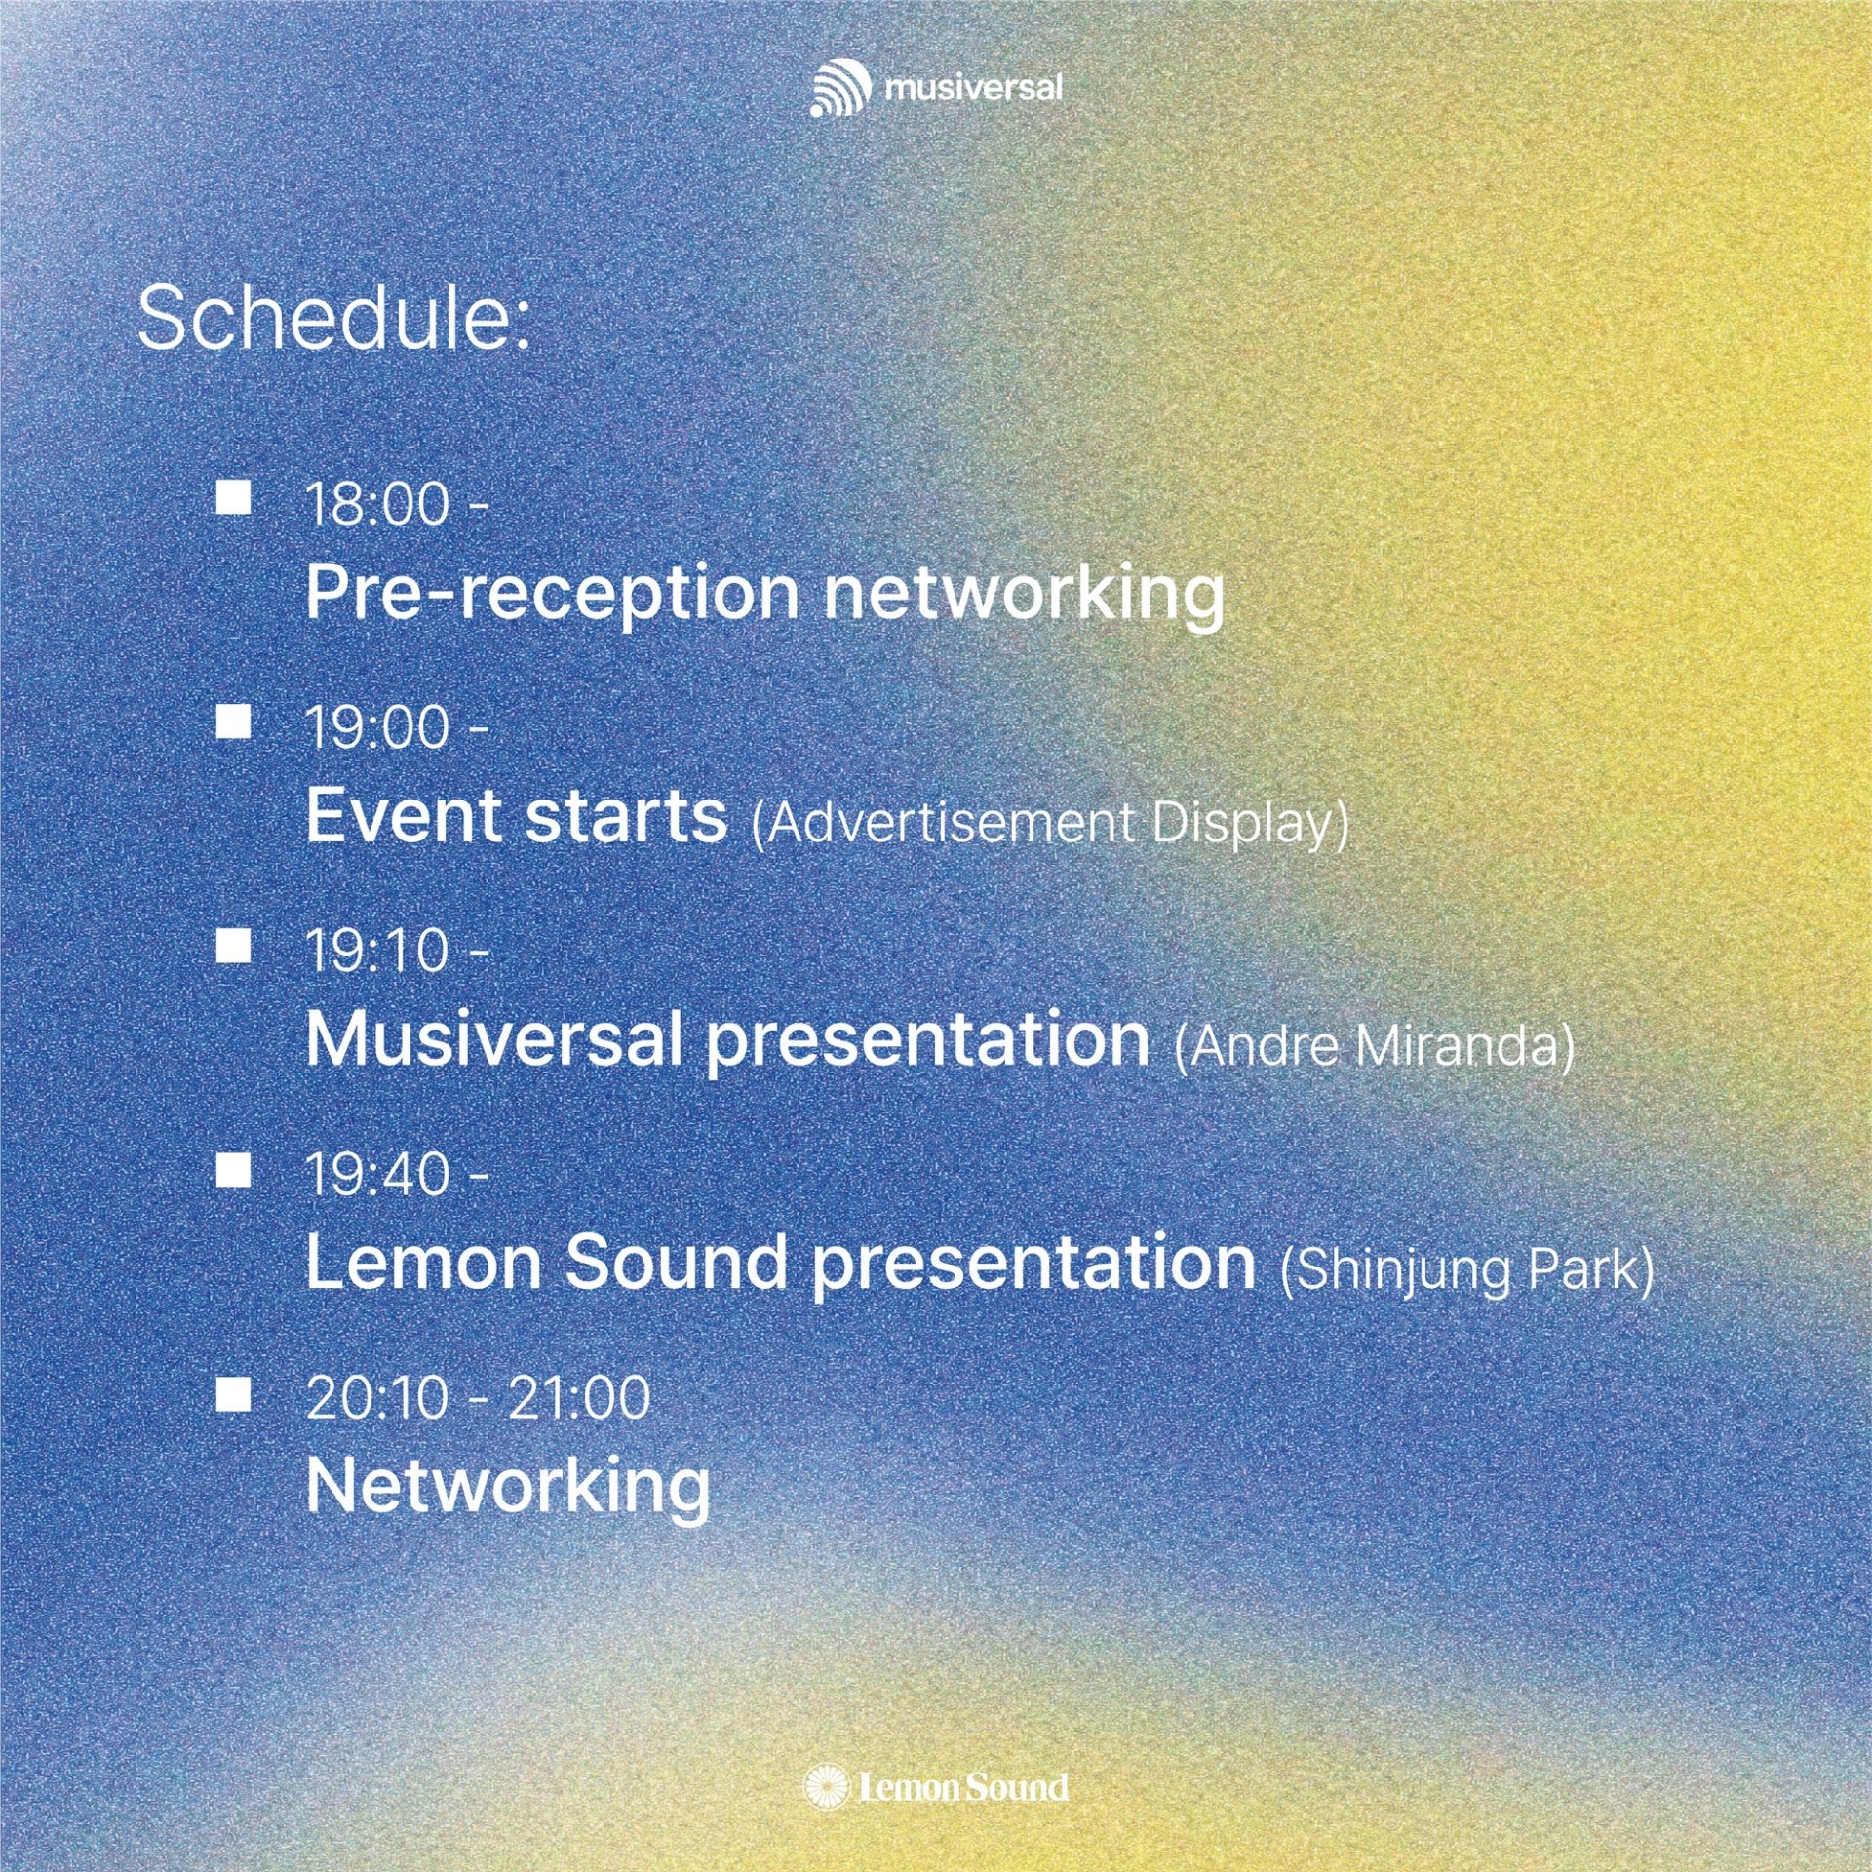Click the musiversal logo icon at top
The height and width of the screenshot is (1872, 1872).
(840, 88)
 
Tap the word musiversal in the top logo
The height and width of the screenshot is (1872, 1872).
(973, 88)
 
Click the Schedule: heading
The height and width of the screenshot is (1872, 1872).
(334, 318)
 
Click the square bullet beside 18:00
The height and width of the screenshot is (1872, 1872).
(233, 496)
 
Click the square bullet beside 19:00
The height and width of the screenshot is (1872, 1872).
(233, 721)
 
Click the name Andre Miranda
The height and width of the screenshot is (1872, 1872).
(1375, 1046)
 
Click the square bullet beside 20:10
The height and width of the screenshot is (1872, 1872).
(233, 1393)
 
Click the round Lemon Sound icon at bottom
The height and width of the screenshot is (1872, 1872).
(827, 1787)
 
